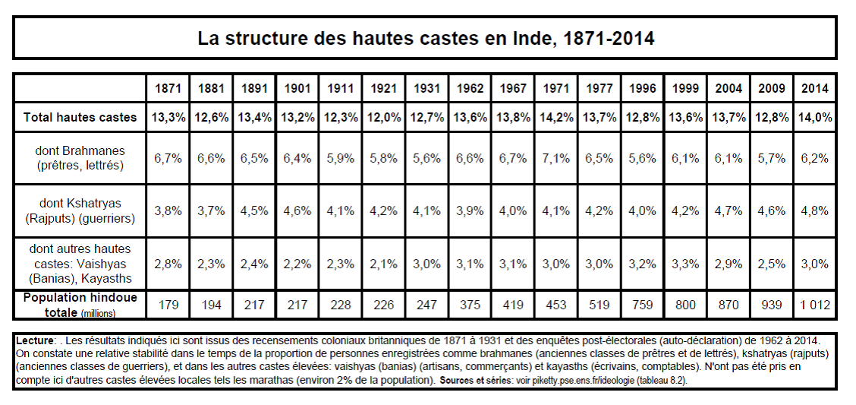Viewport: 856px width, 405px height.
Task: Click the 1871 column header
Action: [168, 89]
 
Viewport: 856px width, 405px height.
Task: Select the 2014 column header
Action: [814, 89]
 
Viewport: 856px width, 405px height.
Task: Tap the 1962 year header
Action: [470, 89]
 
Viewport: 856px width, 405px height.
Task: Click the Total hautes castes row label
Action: [80, 117]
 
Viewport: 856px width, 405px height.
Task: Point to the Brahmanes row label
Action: [80, 158]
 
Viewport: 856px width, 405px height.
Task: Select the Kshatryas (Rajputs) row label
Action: [80, 210]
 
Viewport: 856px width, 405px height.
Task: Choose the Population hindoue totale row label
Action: [80, 305]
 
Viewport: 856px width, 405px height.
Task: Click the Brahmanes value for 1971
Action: [556, 159]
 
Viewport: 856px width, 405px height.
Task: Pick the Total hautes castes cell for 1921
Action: [384, 117]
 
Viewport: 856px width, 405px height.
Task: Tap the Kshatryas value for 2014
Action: [814, 211]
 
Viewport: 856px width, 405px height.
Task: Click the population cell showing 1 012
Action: [814, 305]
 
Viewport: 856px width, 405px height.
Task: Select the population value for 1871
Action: [168, 305]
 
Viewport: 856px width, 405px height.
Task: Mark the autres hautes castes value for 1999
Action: [685, 264]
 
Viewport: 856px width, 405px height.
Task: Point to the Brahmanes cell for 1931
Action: [427, 159]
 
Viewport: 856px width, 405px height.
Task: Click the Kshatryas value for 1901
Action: [297, 211]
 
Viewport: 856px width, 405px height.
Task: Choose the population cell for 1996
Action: [642, 305]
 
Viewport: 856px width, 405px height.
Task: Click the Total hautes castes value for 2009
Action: [771, 117]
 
